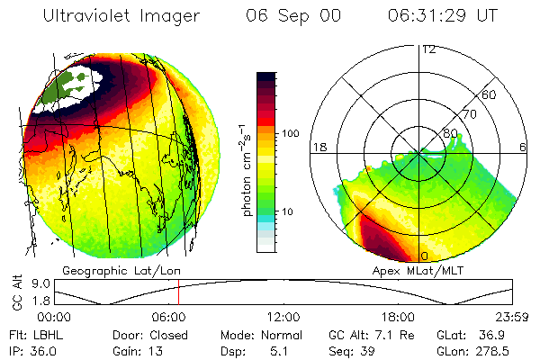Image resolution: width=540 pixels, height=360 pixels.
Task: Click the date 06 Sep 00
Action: coord(292,17)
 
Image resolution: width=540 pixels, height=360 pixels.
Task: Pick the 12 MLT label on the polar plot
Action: coord(428,49)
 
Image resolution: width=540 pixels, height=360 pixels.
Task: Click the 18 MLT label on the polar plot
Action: coord(319,147)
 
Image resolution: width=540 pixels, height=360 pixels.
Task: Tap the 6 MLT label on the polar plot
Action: coord(524,147)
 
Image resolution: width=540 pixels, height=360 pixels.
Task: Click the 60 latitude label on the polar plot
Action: coord(490,95)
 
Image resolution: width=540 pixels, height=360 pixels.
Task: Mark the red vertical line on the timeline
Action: coord(178,292)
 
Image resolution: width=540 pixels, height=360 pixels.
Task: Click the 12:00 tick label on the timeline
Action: coord(283,317)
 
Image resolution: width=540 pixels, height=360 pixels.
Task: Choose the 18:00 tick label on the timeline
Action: coord(397,317)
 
